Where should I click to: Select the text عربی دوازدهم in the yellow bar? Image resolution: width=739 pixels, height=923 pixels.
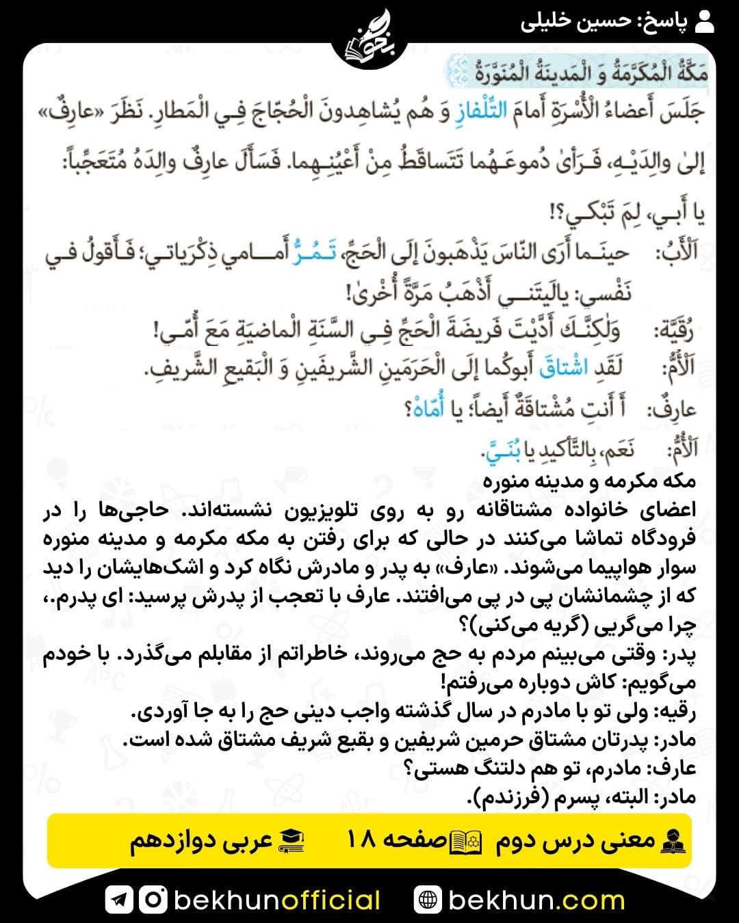(202, 841)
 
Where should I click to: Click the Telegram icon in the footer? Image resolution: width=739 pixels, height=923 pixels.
(119, 900)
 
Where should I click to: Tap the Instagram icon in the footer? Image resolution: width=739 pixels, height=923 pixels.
(153, 900)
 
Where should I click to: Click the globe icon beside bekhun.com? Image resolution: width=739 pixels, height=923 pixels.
(428, 900)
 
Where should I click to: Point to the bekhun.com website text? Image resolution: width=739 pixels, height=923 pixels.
(536, 900)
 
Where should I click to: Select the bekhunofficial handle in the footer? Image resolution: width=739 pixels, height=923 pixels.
(277, 900)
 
